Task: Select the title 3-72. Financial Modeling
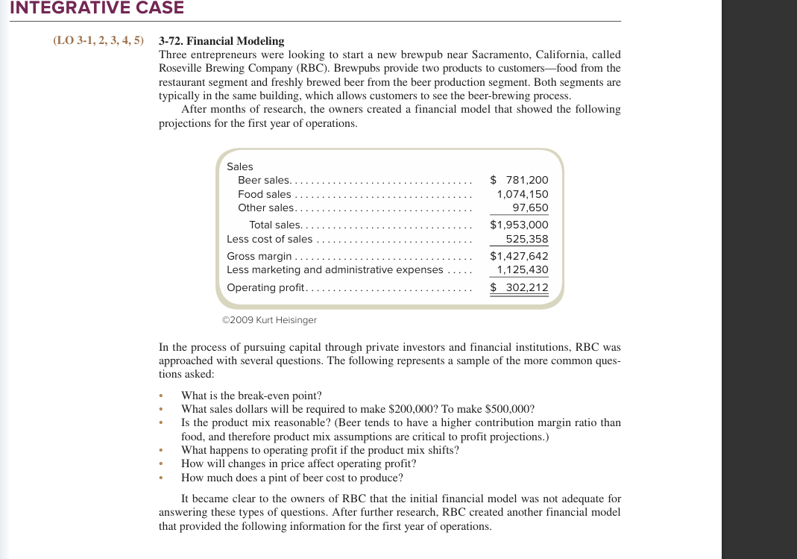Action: coord(221,41)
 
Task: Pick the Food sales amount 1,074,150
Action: coord(523,194)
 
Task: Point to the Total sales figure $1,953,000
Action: coord(519,225)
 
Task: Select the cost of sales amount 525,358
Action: coord(527,240)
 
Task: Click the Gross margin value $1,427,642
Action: coord(519,256)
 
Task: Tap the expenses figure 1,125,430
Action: coord(523,270)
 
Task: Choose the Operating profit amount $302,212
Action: coord(519,287)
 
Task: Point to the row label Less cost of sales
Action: coord(270,240)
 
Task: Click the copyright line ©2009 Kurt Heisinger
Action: coord(269,319)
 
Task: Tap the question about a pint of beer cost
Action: coord(292,478)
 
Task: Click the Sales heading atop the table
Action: coord(239,166)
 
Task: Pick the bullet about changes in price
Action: coord(298,463)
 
